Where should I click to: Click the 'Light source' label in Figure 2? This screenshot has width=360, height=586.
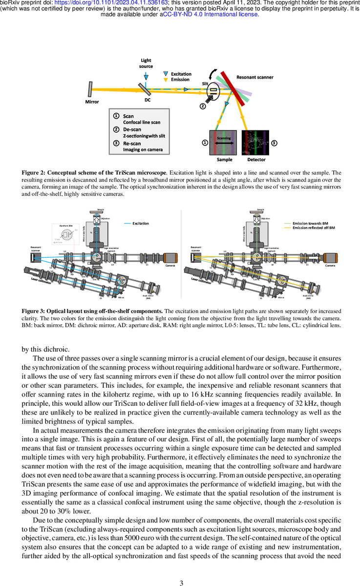(146, 63)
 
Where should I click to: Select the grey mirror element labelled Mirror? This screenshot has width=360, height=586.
(91, 89)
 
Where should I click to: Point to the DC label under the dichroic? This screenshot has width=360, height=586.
(147, 101)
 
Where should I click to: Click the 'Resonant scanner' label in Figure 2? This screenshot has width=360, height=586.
(254, 77)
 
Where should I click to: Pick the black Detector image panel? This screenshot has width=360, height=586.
(256, 143)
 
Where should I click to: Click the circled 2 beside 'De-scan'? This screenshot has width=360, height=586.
(116, 130)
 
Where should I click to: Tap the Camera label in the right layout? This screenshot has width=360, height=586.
(330, 266)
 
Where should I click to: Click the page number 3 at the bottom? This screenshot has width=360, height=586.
(181, 569)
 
